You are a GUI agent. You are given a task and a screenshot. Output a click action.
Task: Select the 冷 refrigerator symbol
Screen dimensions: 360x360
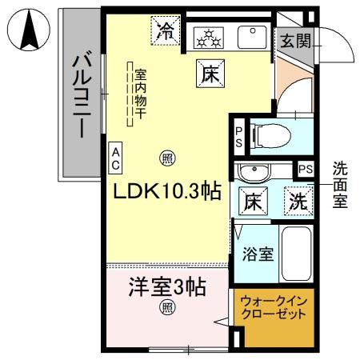(x=166, y=32)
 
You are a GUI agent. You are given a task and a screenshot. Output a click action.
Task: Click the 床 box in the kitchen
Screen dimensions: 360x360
(x=206, y=75)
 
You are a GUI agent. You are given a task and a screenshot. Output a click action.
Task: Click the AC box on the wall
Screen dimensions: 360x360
(x=117, y=158)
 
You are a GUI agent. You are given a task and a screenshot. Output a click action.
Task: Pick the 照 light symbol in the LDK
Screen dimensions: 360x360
(x=166, y=158)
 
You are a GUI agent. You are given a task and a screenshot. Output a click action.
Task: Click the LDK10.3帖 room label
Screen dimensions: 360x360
(x=166, y=192)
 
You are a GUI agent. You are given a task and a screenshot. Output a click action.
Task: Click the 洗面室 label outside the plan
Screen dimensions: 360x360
(x=340, y=185)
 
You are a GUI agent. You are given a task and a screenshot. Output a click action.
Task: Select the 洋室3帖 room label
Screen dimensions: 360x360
(x=166, y=286)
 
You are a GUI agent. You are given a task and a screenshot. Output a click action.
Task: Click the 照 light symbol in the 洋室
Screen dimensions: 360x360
(x=166, y=307)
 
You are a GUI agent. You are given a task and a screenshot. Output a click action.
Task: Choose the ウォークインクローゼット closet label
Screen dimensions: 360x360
(x=274, y=309)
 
